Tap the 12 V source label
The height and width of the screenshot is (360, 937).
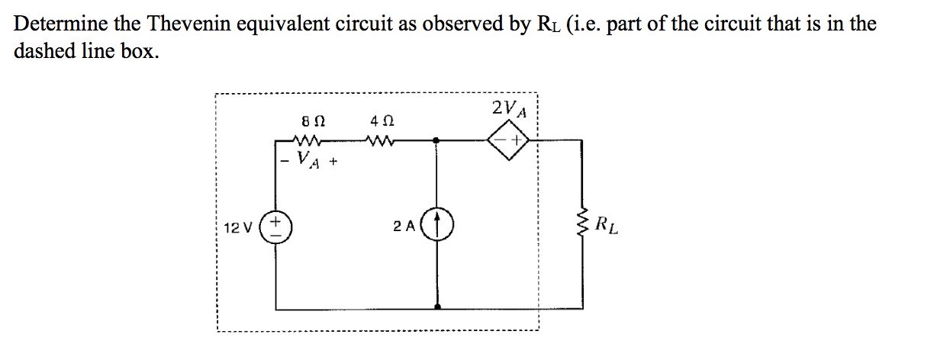point(238,227)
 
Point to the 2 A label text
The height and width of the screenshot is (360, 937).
point(404,227)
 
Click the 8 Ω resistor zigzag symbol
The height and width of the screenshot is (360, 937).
point(310,140)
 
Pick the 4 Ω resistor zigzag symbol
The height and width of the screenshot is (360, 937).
point(380,140)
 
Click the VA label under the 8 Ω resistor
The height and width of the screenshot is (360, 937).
point(309,160)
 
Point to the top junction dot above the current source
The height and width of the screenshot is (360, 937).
point(436,140)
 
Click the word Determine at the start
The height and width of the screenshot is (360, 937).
point(60,24)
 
